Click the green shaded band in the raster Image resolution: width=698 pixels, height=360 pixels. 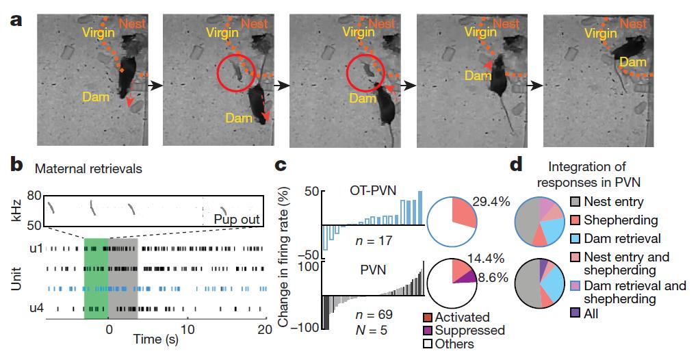click(x=96, y=281)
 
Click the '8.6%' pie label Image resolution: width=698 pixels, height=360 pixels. click(x=493, y=278)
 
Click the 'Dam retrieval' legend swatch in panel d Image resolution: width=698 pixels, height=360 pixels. click(x=576, y=239)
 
